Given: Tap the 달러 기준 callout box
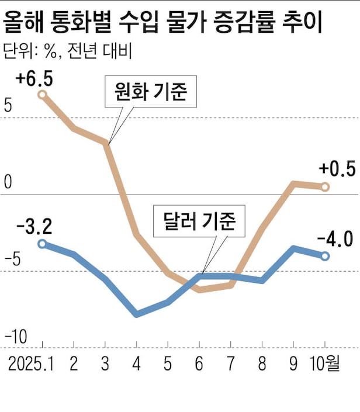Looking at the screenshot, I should [x=199, y=220].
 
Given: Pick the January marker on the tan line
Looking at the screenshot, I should [x=42, y=94].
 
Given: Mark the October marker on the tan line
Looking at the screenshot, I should [x=326, y=186].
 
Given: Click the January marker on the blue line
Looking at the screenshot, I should [x=42, y=244].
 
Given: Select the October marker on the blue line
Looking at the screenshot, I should [x=326, y=255].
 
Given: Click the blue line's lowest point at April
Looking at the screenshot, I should [x=137, y=314].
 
